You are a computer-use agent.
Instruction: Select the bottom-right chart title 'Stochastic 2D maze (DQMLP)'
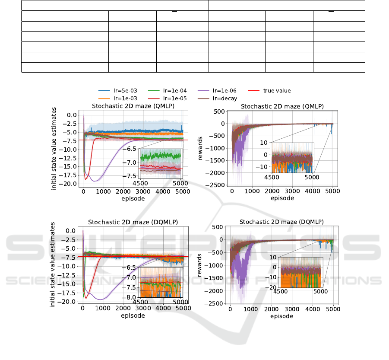[x=282, y=222]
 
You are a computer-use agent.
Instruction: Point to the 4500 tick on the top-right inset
[x=272, y=177]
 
